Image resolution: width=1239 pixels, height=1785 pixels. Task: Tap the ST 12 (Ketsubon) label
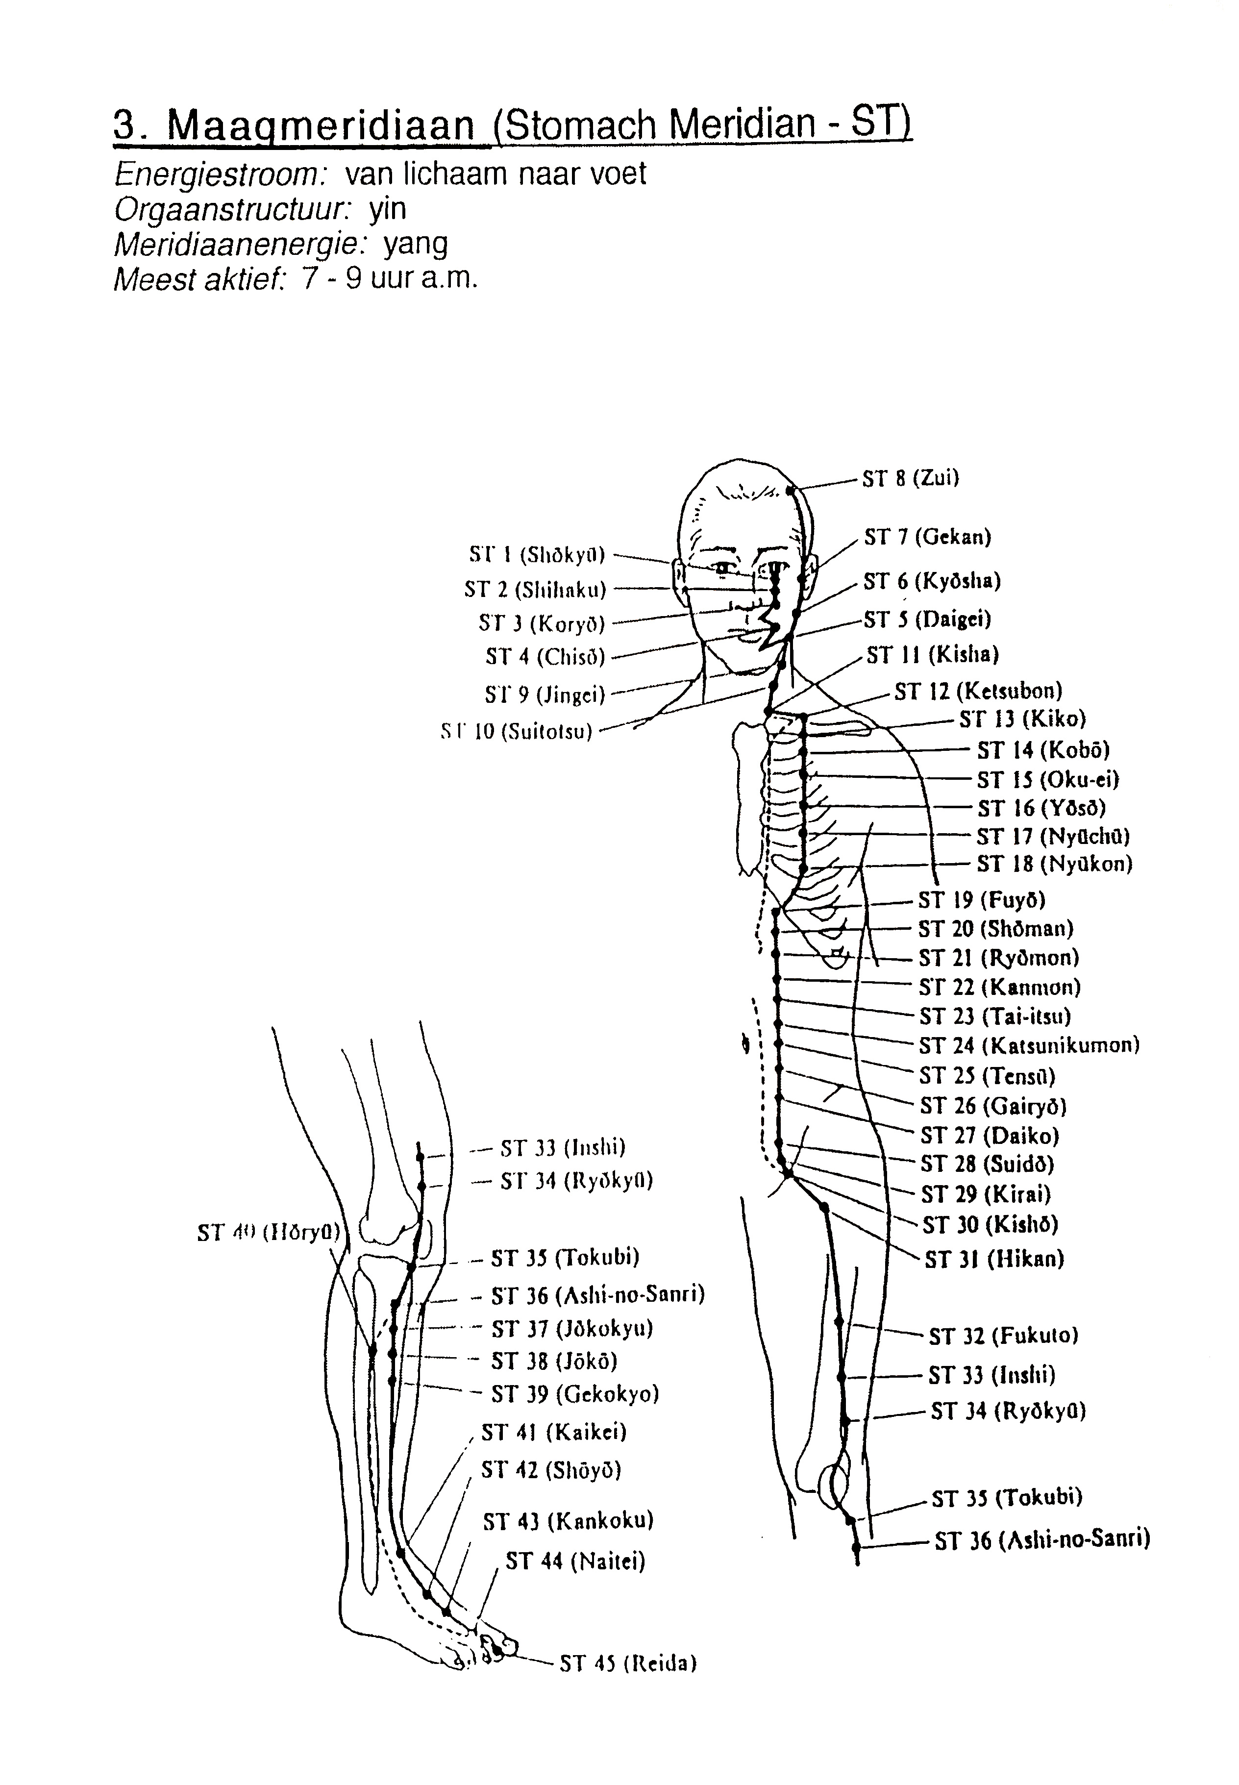click(978, 690)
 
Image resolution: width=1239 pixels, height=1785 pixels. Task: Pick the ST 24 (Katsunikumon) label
click(1029, 1046)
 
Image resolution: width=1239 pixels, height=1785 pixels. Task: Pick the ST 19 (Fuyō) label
click(982, 900)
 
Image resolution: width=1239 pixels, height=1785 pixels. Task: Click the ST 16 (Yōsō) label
click(1041, 809)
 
